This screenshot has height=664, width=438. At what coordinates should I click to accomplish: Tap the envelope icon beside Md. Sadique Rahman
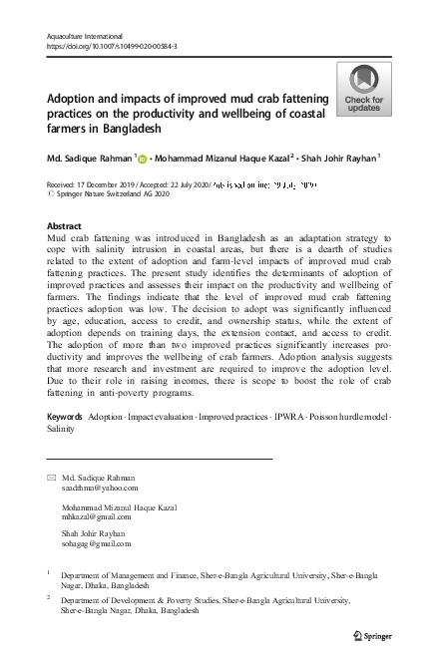pos(53,478)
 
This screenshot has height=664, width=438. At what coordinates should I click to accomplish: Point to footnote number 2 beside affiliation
pos(50,598)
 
